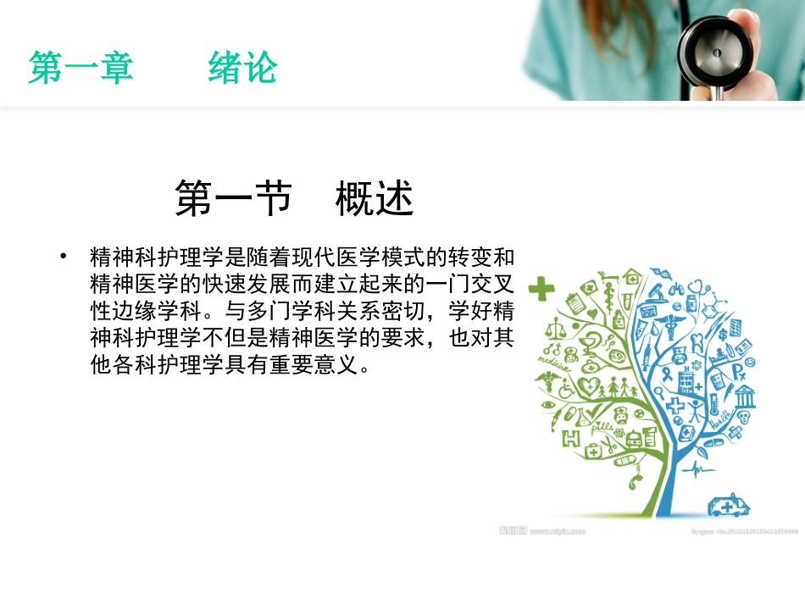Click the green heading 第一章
click(x=81, y=69)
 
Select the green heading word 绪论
click(x=242, y=69)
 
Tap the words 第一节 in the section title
click(x=233, y=200)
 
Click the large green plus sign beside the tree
click(x=541, y=291)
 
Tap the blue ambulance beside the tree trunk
click(x=728, y=506)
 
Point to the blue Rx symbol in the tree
click(x=739, y=370)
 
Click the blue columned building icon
click(x=745, y=395)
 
